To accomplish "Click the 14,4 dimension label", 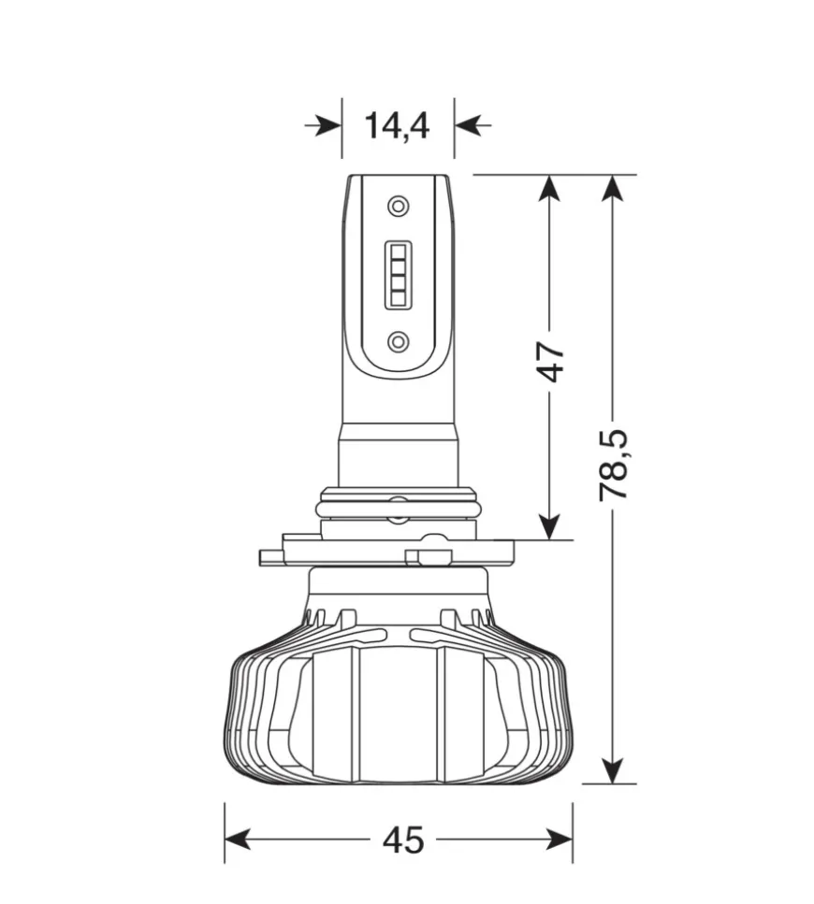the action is (397, 126).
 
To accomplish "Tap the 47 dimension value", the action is (550, 362).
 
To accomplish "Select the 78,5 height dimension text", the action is (613, 464).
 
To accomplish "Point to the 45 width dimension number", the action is (403, 840).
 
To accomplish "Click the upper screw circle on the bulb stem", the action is (398, 206).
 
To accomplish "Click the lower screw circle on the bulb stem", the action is (398, 342).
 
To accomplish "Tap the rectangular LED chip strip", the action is (398, 273).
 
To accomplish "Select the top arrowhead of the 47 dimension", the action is (549, 188).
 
